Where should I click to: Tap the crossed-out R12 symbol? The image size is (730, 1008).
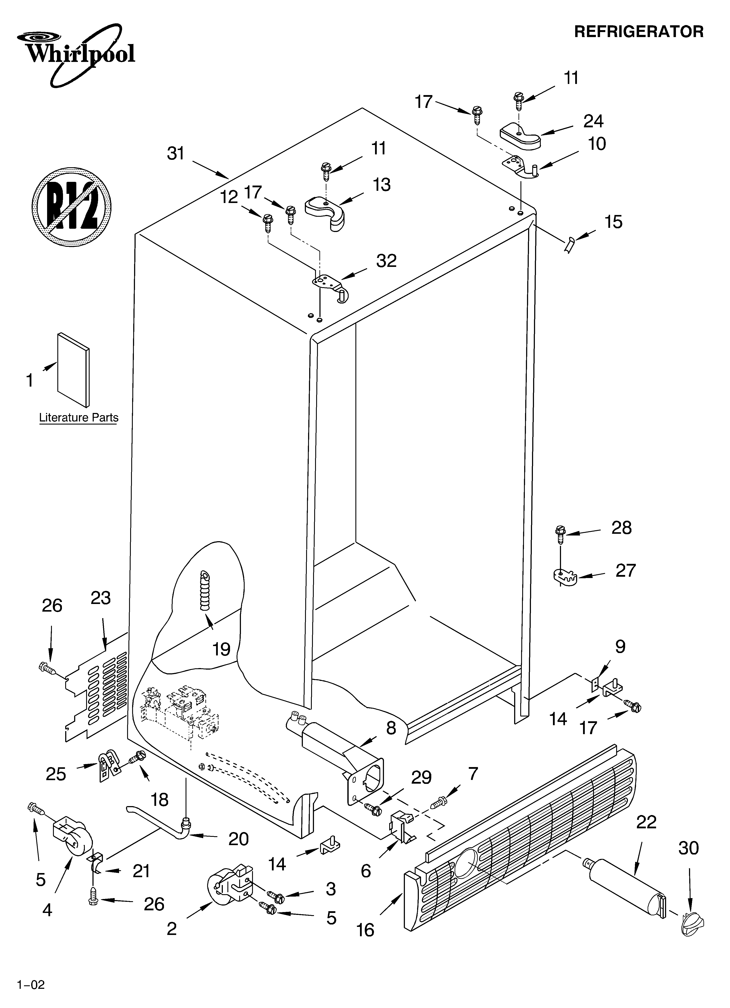point(71,207)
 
